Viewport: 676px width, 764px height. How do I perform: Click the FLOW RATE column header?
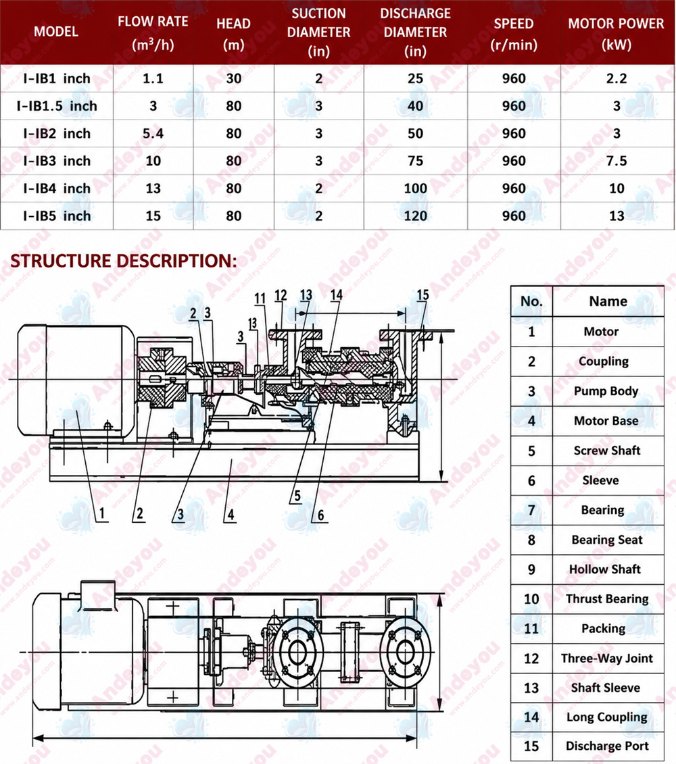click(x=153, y=32)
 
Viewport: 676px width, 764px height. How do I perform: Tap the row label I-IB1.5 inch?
click(x=57, y=106)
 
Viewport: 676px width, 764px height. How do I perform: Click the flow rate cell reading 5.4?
click(x=153, y=134)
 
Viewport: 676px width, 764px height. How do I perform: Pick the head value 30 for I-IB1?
click(x=234, y=78)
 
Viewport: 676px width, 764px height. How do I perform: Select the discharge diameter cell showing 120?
click(x=416, y=216)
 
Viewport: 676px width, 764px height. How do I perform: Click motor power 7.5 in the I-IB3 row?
click(x=617, y=161)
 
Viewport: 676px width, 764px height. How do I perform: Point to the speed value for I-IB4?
click(x=514, y=188)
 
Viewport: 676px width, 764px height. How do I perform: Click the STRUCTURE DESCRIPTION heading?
click(x=124, y=261)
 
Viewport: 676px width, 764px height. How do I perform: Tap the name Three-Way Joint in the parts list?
click(x=607, y=658)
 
